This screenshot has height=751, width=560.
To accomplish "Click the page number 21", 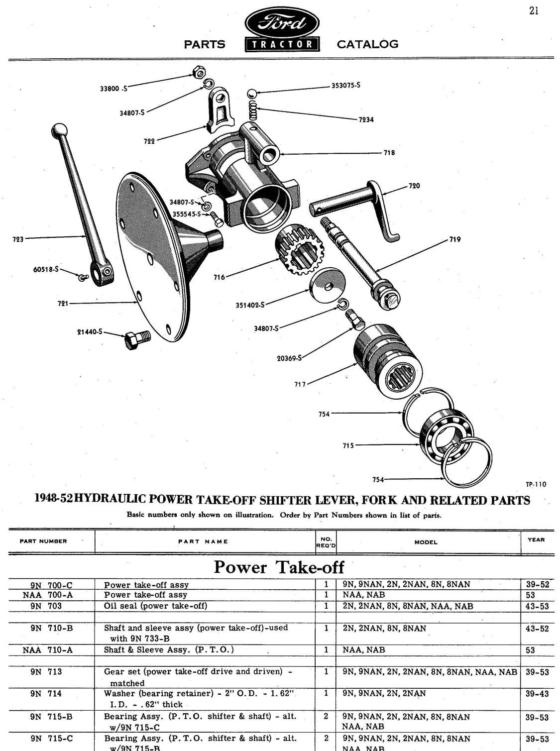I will pyautogui.click(x=534, y=10).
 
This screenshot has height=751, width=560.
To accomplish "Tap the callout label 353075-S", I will pyautogui.click(x=345, y=85).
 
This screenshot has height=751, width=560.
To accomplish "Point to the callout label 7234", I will pyautogui.click(x=366, y=119).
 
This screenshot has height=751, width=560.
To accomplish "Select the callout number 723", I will pyautogui.click(x=17, y=239).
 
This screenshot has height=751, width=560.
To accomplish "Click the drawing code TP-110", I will pyautogui.click(x=536, y=484).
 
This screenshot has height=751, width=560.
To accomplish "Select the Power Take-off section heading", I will pyautogui.click(x=279, y=567).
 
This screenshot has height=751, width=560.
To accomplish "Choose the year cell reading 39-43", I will pyautogui.click(x=537, y=693).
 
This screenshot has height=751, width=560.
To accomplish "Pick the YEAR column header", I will pyautogui.click(x=536, y=539).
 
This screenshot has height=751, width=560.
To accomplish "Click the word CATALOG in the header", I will pyautogui.click(x=367, y=44).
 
